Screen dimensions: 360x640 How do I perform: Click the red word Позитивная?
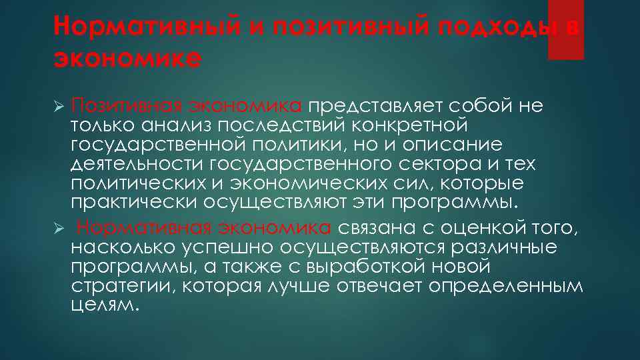pos(127,107)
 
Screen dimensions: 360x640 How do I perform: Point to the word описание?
pos(457,145)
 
